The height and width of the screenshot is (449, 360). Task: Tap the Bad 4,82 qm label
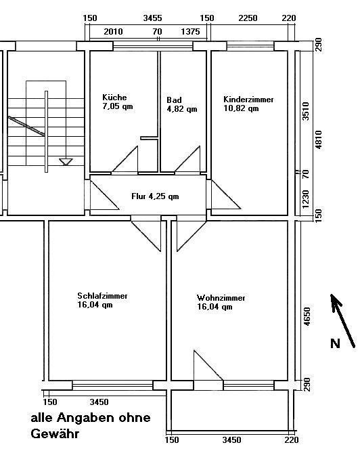tap(182, 104)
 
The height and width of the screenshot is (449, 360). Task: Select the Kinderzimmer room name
tap(248, 100)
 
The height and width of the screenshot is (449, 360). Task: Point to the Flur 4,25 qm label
tap(155, 196)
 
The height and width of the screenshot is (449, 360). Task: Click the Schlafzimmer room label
tap(102, 296)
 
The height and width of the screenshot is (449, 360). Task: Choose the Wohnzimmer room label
tap(221, 298)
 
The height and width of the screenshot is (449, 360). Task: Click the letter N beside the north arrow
tap(335, 343)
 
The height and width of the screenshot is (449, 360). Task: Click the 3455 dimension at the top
tap(152, 18)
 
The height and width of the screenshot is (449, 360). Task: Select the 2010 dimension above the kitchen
tap(113, 31)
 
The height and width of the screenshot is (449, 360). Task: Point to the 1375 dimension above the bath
tap(190, 31)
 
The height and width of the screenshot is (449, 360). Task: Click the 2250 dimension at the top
tap(248, 18)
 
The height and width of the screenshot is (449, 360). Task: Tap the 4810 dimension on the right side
tap(319, 140)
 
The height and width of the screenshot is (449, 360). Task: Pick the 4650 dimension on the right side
tap(307, 316)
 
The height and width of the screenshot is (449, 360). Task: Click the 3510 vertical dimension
tap(306, 111)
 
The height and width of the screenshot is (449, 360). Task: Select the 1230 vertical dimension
tap(306, 199)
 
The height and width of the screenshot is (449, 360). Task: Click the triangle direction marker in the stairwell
tap(66, 161)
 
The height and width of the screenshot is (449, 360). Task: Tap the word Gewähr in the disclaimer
tap(55, 433)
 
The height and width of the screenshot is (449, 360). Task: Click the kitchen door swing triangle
tap(125, 160)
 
